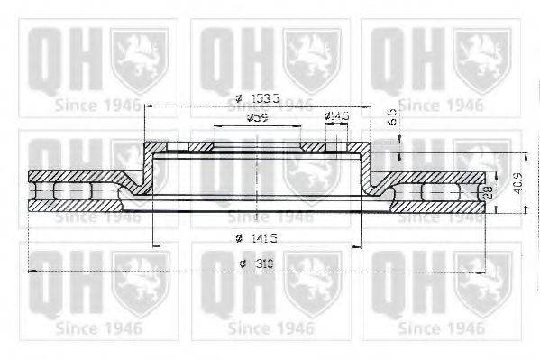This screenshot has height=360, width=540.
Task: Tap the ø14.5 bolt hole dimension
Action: [336, 116]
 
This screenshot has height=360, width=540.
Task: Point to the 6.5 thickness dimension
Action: [392, 116]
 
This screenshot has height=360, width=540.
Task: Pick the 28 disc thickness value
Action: [488, 192]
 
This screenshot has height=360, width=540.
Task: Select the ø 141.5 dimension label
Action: [255, 237]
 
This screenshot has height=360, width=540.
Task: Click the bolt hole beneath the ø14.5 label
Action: [334, 145]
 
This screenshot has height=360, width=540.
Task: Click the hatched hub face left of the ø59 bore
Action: [194, 145]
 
